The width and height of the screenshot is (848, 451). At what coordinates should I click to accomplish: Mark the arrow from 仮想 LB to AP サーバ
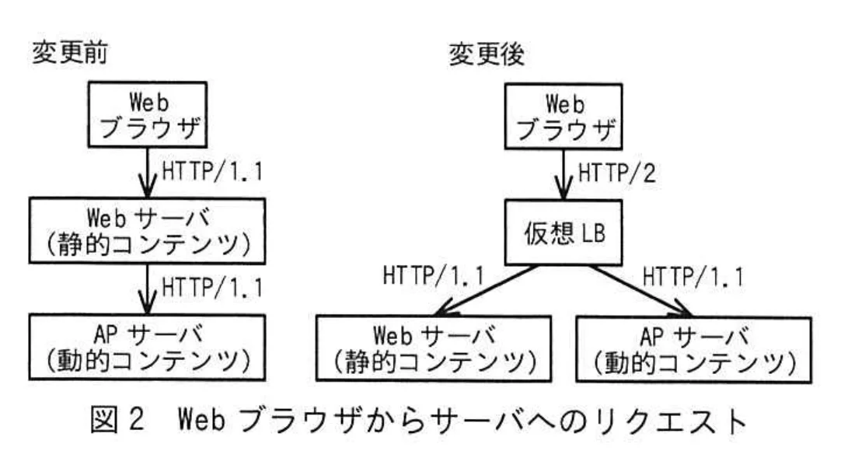click(641, 288)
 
